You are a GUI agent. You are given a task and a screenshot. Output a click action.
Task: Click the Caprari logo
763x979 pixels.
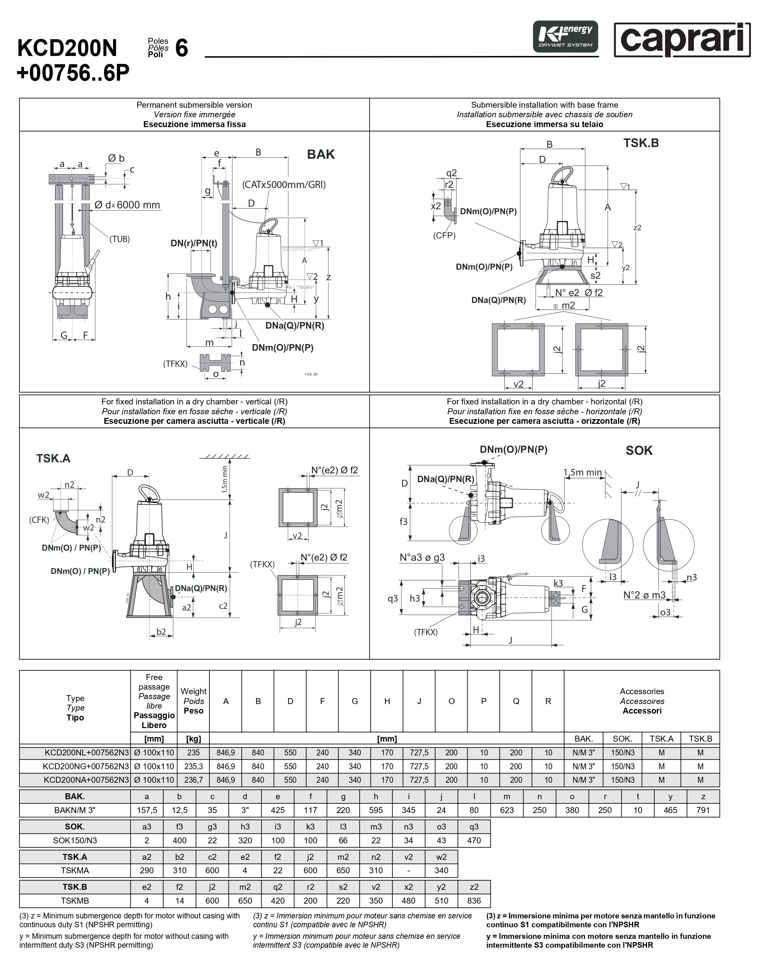(682, 40)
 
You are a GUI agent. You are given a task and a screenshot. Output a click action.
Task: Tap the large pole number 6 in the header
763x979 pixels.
(181, 48)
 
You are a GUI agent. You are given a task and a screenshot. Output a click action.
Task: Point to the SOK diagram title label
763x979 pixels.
(639, 450)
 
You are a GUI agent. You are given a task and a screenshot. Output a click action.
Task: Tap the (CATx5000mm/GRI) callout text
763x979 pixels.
(284, 185)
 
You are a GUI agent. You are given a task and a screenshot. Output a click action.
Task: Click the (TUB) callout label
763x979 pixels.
(120, 239)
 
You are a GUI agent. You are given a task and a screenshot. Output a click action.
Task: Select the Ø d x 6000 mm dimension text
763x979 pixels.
(127, 205)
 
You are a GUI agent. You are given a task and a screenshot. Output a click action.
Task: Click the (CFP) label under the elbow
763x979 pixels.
(444, 235)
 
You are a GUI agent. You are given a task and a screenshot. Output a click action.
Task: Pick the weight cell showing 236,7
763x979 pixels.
(193, 780)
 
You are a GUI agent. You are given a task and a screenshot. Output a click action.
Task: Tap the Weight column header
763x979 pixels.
(193, 701)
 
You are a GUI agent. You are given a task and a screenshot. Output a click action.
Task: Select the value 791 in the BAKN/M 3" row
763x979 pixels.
(703, 810)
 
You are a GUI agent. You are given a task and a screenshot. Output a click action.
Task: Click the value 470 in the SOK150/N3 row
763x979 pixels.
(474, 840)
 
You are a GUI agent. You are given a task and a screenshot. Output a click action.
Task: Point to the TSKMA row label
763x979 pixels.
(75, 871)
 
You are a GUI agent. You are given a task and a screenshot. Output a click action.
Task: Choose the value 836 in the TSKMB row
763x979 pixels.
(474, 901)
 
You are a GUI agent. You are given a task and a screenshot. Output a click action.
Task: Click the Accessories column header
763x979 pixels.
(641, 701)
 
